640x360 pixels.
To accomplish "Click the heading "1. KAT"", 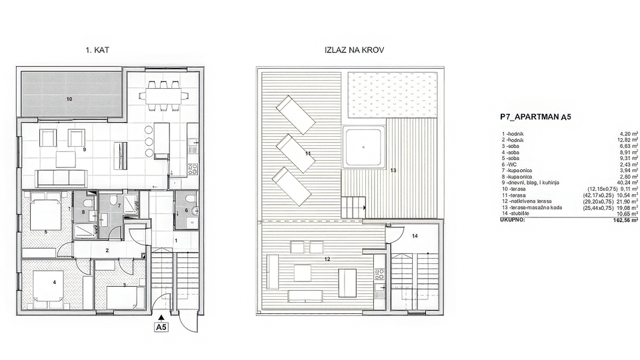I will (97, 50).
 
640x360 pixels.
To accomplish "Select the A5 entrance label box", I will (161, 327).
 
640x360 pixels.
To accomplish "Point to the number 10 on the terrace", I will (69, 99).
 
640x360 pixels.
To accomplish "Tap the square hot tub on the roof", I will (363, 147).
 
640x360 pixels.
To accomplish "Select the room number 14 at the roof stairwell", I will (414, 236).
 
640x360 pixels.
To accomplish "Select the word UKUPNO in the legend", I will (513, 219).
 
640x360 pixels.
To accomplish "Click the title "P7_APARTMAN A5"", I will (535, 117).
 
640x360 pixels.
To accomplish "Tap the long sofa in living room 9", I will (61, 177).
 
